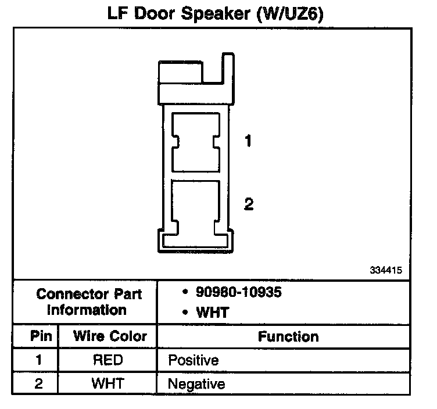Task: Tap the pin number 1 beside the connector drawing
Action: (248, 141)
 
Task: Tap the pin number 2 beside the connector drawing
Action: (249, 204)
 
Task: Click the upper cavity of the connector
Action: (196, 142)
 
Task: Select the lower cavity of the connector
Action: (196, 205)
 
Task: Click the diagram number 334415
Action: (385, 271)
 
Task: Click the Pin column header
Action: (41, 336)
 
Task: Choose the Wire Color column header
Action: (110, 336)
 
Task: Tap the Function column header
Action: (288, 336)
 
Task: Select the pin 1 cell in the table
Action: (39, 360)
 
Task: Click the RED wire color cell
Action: (108, 360)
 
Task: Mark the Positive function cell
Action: (193, 361)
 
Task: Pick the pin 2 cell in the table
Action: (39, 383)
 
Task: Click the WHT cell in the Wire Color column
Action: (108, 383)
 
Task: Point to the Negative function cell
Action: (196, 384)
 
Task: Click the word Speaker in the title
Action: (216, 13)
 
